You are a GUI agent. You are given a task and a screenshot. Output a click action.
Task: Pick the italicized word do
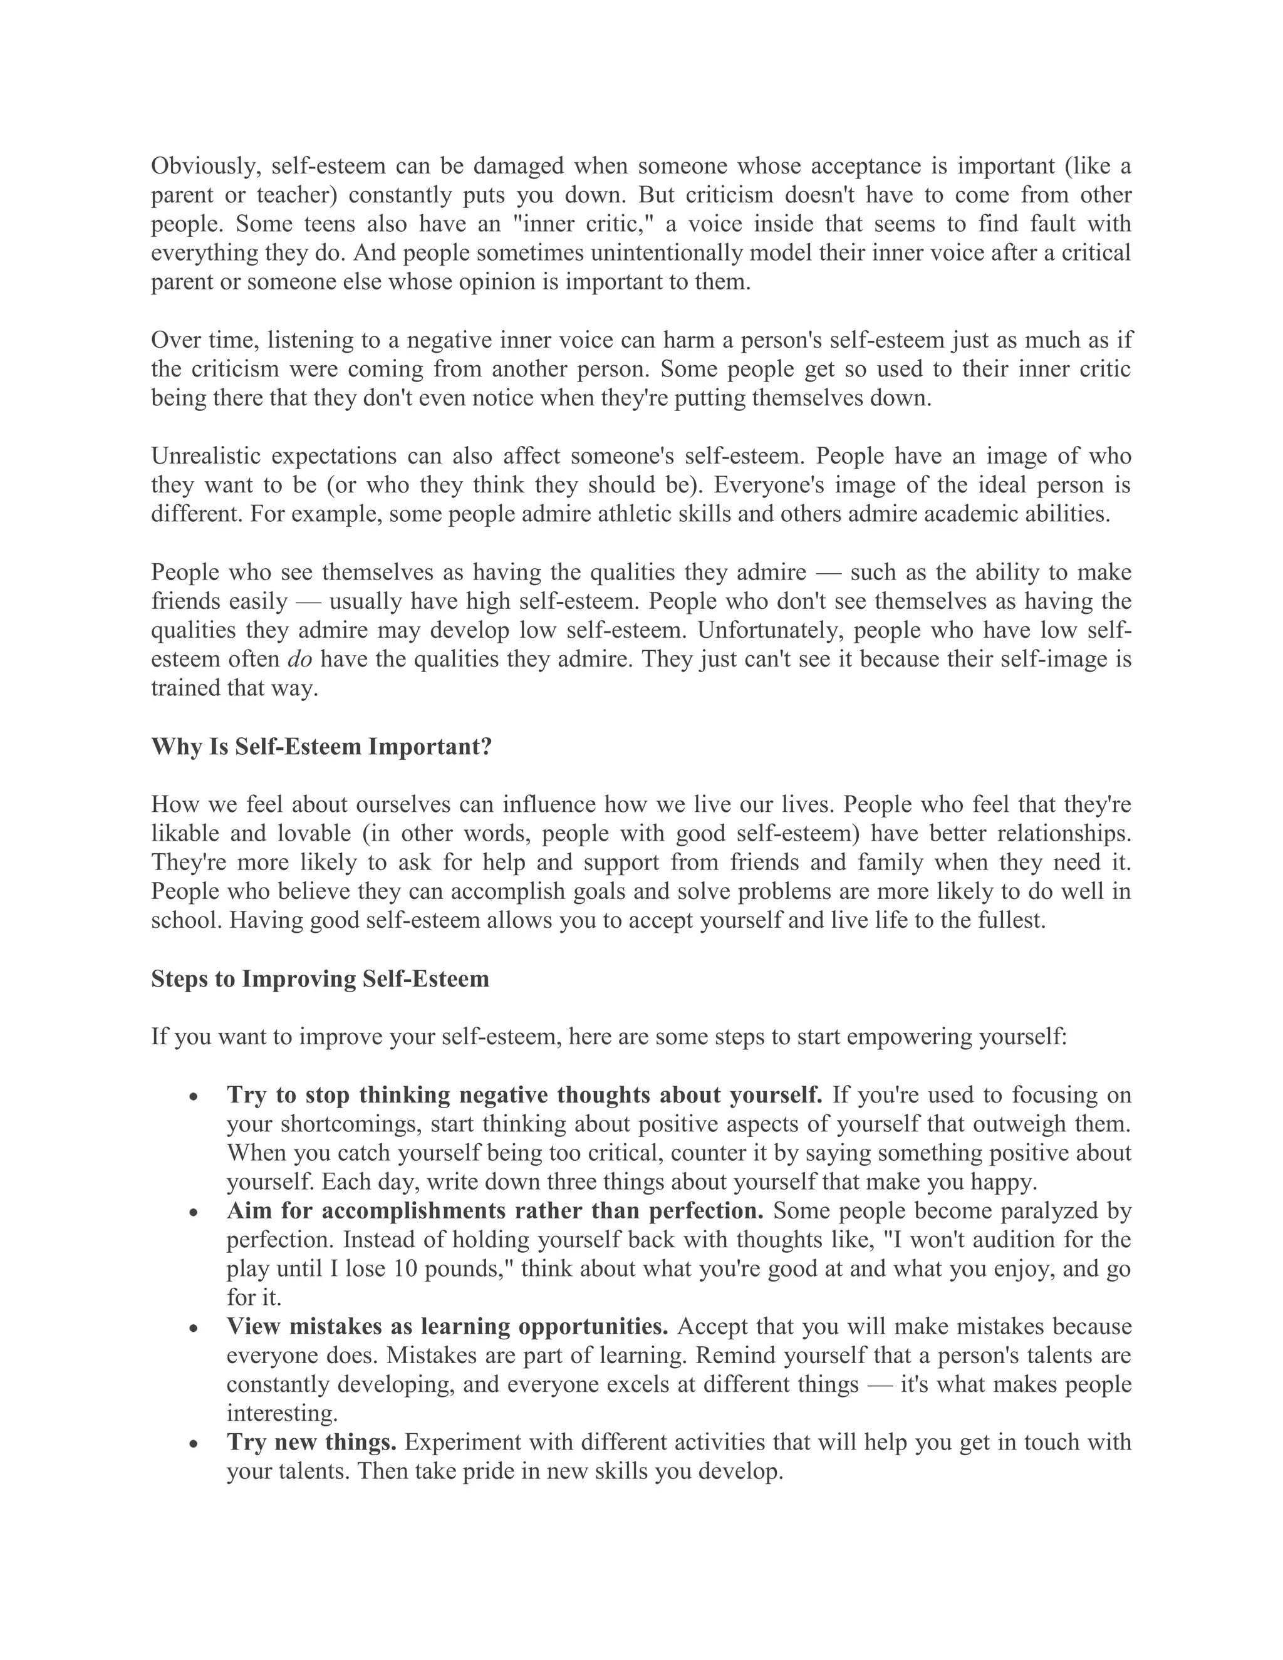(x=300, y=660)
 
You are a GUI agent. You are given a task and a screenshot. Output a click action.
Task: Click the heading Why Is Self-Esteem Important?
(x=321, y=747)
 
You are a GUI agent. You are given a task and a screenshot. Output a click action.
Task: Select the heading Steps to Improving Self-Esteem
(x=320, y=979)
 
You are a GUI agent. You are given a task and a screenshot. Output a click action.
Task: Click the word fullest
(x=1009, y=921)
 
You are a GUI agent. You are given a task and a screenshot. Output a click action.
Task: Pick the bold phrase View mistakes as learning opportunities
(x=447, y=1327)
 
